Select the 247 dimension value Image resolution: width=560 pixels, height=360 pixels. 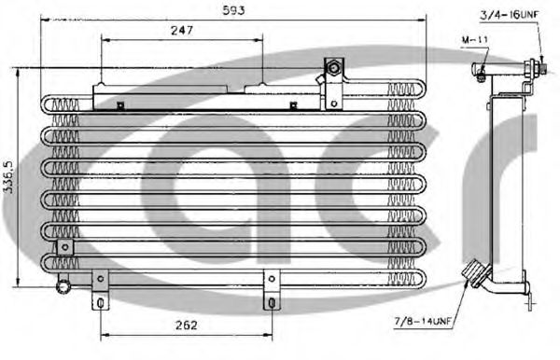tap(182, 31)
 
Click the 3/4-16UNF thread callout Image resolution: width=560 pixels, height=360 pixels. tap(511, 14)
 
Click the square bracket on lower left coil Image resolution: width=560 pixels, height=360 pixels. tap(64, 246)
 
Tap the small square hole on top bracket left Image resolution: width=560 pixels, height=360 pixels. tap(120, 104)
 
